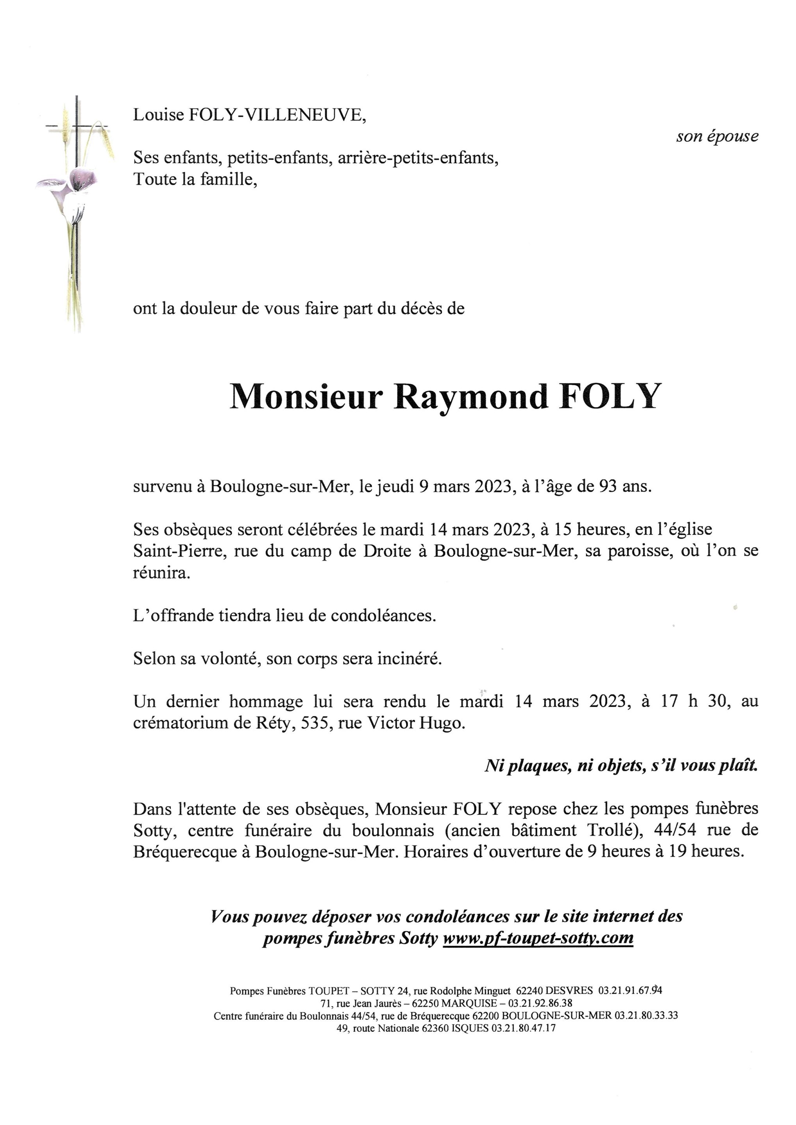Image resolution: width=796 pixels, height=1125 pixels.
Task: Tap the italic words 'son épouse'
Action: pos(717,136)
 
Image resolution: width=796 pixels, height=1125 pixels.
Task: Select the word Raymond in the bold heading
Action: pos(471,397)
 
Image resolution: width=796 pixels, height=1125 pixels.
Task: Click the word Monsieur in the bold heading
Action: pos(306,397)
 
